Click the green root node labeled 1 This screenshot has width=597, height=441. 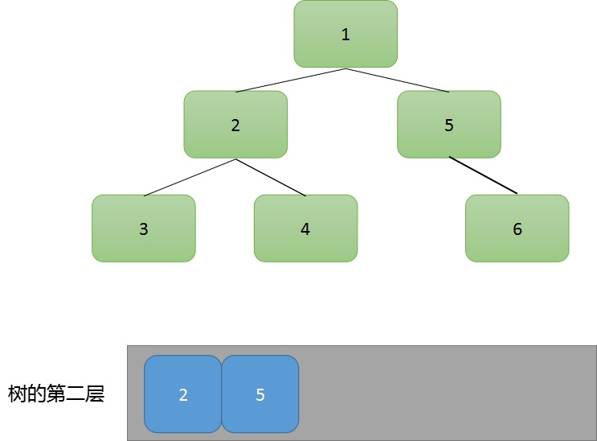click(346, 34)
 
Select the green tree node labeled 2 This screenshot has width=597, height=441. click(235, 125)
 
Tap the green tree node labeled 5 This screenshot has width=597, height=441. click(449, 125)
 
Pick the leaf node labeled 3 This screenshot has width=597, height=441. click(144, 229)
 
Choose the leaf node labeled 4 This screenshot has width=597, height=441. click(306, 229)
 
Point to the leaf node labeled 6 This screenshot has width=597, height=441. click(517, 229)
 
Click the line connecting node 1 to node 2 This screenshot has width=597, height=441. click(291, 80)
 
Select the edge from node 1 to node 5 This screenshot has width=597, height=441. click(397, 80)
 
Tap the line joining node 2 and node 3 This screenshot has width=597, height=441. click(190, 177)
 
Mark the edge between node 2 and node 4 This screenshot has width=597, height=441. click(271, 177)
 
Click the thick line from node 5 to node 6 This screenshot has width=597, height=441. click(483, 175)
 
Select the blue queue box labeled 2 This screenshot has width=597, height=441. click(182, 394)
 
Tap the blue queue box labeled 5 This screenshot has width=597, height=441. click(260, 394)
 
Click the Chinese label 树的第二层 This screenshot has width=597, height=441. click(56, 394)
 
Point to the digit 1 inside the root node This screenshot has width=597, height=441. click(346, 35)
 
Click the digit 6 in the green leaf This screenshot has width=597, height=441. click(517, 229)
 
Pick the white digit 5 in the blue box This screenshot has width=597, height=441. click(260, 394)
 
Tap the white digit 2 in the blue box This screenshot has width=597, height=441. click(183, 394)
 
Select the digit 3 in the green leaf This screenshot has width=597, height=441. click(144, 229)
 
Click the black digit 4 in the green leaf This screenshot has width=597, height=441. click(305, 229)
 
